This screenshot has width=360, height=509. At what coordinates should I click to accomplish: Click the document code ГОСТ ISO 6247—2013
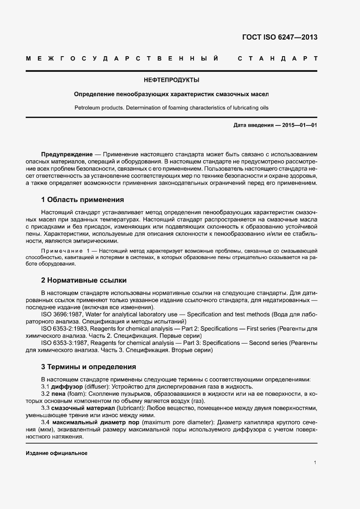[x=279, y=37]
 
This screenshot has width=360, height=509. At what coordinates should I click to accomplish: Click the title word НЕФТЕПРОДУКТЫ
[x=171, y=80]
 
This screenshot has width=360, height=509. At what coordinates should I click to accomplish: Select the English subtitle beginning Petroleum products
[x=171, y=107]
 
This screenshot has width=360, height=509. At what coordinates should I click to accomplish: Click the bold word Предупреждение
[x=67, y=155]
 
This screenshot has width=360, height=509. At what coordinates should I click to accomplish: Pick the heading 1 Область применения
[x=82, y=200]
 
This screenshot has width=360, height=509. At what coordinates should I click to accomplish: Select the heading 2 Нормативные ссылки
[x=84, y=280]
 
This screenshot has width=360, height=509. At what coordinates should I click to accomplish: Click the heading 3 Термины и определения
[x=88, y=367]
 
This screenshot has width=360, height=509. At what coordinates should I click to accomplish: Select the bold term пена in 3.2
[x=58, y=394]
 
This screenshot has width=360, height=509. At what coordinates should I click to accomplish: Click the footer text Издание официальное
[x=57, y=453]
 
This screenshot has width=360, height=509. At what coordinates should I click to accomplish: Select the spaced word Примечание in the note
[x=61, y=252]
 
